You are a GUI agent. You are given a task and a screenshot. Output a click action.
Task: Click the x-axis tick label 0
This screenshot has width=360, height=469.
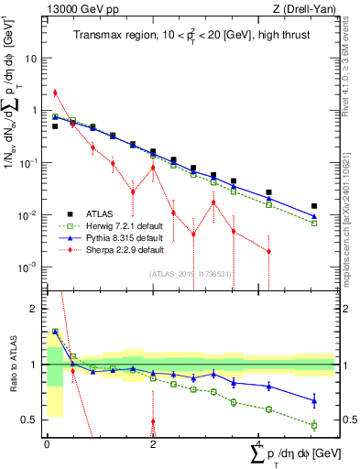[47, 446]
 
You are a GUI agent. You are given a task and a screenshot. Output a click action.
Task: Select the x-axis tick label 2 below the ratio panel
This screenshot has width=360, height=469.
[153, 446]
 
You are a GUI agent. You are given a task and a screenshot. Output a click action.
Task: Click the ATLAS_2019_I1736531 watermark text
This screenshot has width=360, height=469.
[190, 274]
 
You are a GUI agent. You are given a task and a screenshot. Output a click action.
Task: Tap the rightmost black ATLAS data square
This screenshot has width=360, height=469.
[314, 207]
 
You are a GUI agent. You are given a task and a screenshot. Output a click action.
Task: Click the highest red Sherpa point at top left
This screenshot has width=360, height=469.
[55, 93]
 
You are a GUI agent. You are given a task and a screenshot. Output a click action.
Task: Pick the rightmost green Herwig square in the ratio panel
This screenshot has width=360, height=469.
[314, 425]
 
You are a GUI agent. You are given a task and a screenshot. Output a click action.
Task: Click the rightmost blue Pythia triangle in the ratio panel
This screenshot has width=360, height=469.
[314, 400]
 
